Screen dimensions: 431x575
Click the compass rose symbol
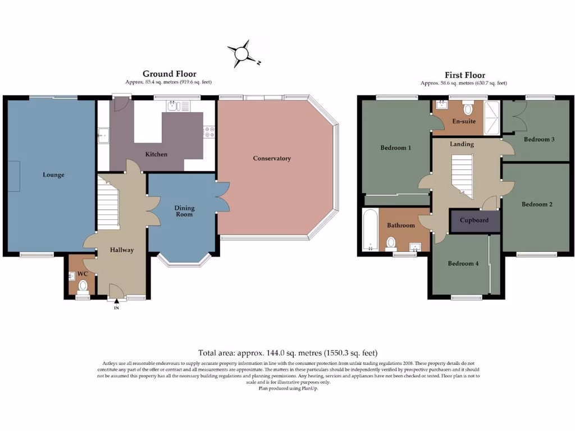coord(242,53)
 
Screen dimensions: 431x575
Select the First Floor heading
coord(464,75)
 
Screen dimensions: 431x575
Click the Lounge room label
coord(53,175)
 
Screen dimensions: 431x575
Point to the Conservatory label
coord(272,158)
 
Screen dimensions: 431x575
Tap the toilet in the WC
coord(83,286)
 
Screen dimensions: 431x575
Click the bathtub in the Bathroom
coord(370,230)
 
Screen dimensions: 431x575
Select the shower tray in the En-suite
coord(492,118)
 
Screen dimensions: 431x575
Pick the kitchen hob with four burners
coord(209,131)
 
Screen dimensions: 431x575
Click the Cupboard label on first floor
coord(474,221)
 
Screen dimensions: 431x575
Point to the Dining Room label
coord(184,211)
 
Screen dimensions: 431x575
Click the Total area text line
coord(287,353)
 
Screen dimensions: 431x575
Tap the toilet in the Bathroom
coord(391,242)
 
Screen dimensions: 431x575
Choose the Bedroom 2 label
coord(537,204)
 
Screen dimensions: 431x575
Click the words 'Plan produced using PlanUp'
coord(287,388)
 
